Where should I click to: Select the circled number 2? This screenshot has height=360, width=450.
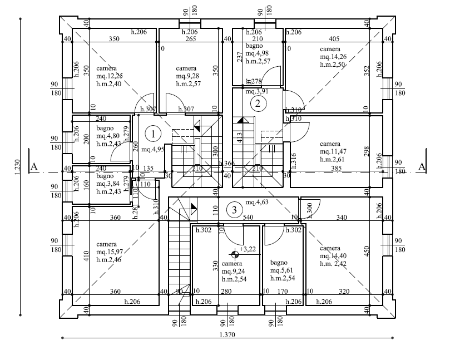[257, 102]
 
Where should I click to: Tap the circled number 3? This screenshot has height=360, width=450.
[235, 210]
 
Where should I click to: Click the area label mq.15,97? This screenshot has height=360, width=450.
[110, 252]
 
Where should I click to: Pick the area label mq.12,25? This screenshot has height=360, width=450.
[110, 76]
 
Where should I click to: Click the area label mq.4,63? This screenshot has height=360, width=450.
[258, 203]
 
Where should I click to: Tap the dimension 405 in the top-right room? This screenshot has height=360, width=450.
[334, 40]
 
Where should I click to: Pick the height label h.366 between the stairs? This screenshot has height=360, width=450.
[226, 164]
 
